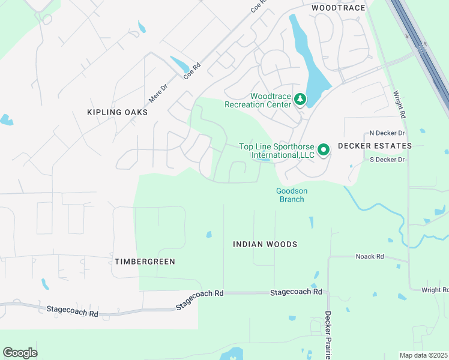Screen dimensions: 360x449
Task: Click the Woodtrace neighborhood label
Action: [338, 8]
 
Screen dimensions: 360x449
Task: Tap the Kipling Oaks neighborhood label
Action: [117, 112]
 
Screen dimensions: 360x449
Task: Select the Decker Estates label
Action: [375, 146]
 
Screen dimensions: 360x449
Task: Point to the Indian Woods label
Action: [265, 244]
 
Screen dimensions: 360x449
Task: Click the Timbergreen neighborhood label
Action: [145, 262]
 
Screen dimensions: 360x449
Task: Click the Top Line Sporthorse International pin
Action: [324, 149]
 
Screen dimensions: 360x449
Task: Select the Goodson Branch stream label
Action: [292, 195]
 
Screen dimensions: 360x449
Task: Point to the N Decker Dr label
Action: [387, 133]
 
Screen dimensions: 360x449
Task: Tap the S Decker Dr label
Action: [387, 159]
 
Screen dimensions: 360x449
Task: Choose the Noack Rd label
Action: [369, 257]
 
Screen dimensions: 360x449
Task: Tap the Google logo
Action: [20, 353]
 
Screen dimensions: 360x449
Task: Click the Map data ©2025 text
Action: [423, 355]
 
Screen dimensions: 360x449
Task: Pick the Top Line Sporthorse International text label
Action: [277, 151]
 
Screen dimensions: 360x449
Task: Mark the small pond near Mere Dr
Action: [179, 64]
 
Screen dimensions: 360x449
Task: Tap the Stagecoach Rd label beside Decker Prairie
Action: [296, 292]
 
